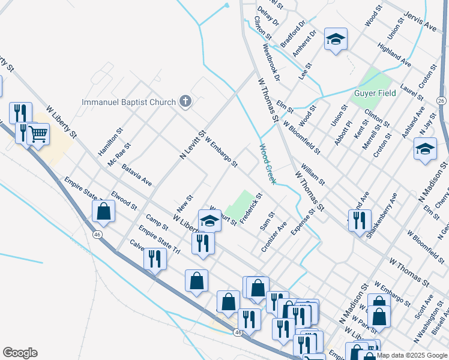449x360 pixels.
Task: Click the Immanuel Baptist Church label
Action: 128,102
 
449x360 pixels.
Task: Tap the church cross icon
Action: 185,102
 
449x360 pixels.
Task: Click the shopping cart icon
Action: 38,133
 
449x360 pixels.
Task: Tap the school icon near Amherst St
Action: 336,40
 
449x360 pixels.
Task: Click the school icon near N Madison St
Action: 425,149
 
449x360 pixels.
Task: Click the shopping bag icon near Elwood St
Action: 104,211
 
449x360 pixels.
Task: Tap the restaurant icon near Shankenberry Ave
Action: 360,220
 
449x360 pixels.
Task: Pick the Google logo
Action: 20,353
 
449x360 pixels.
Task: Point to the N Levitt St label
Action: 193,146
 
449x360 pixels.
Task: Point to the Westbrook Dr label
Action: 267,61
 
